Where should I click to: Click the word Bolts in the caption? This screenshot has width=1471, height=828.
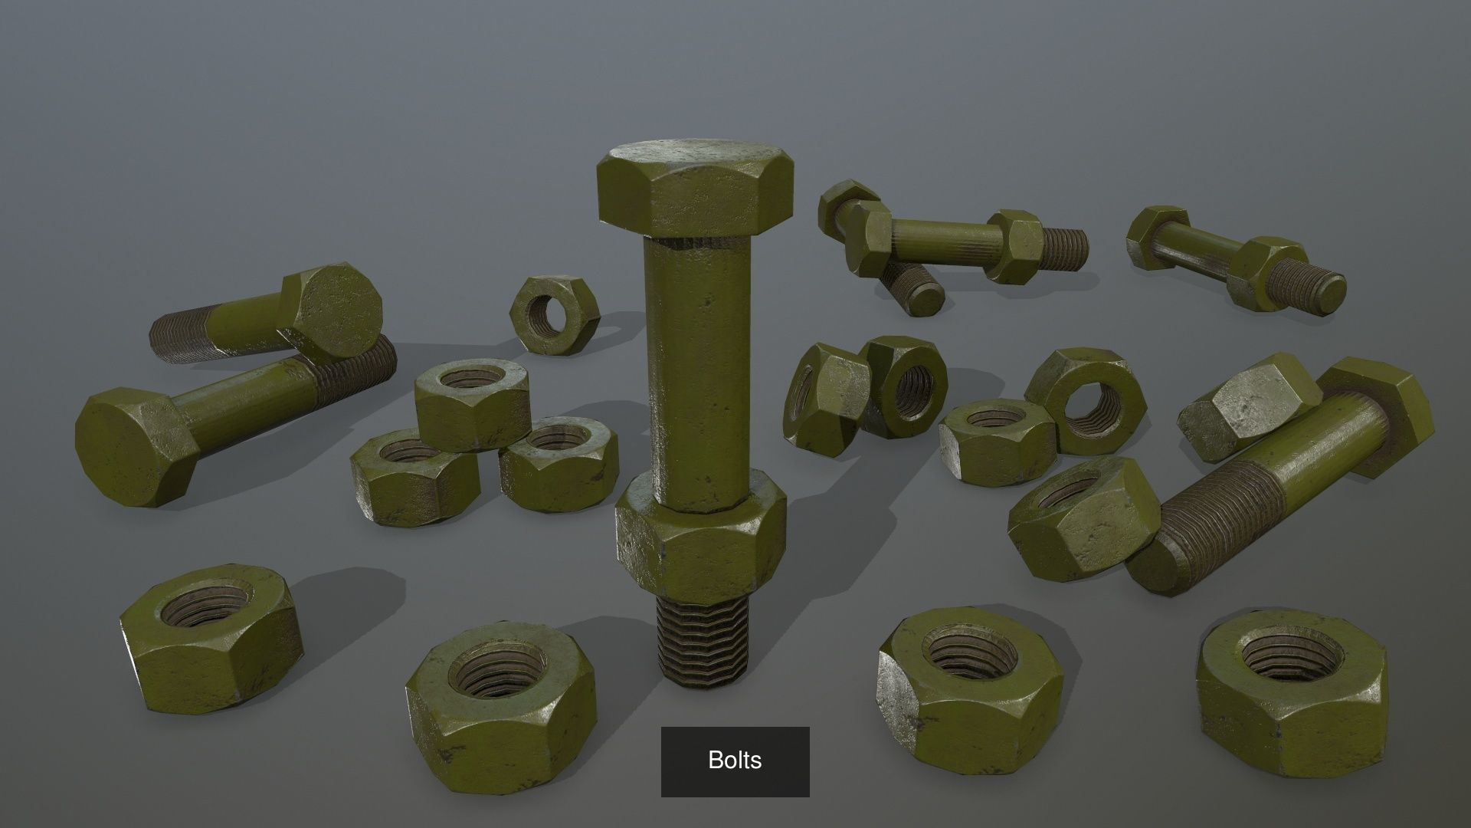[x=735, y=761]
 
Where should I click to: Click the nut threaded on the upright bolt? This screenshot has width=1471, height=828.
[x=700, y=537]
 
